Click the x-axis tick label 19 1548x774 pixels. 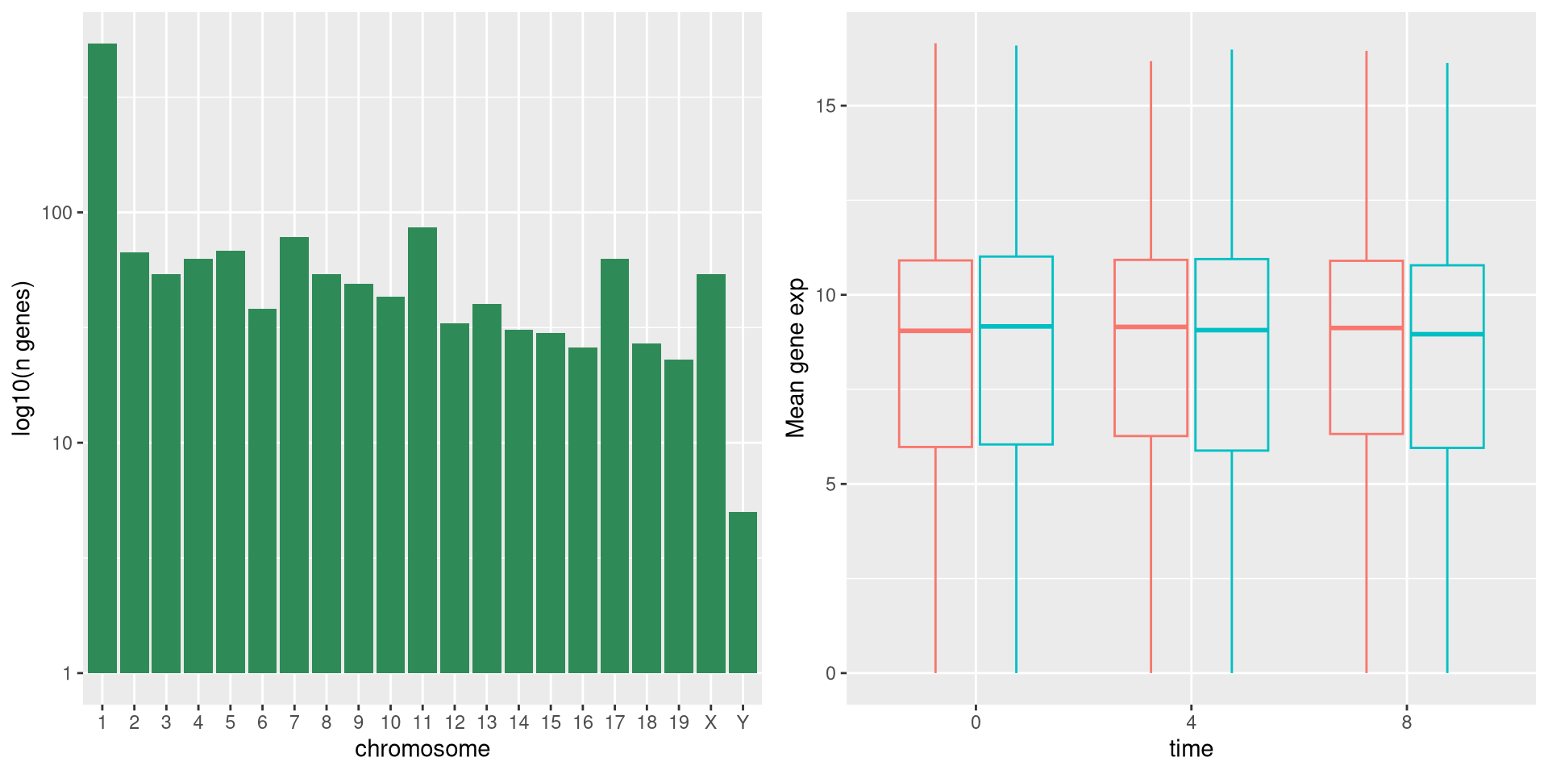pyautogui.click(x=679, y=722)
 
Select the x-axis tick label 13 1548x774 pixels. pyautogui.click(x=486, y=722)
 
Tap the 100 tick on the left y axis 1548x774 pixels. pyautogui.click(x=56, y=213)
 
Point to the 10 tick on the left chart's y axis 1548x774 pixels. pyautogui.click(x=61, y=443)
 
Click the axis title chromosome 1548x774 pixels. pyautogui.click(x=422, y=749)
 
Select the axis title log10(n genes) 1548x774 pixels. pyautogui.click(x=22, y=359)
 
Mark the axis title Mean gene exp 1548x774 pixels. pyautogui.click(x=796, y=358)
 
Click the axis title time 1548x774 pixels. pyautogui.click(x=1191, y=749)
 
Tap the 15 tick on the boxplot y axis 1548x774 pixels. pyautogui.click(x=826, y=106)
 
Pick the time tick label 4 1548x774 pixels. pyautogui.click(x=1191, y=722)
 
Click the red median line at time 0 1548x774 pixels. pyautogui.click(x=935, y=331)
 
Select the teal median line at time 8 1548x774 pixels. pyautogui.click(x=1447, y=334)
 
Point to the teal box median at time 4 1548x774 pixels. pyautogui.click(x=1231, y=330)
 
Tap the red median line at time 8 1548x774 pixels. pyautogui.click(x=1366, y=328)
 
